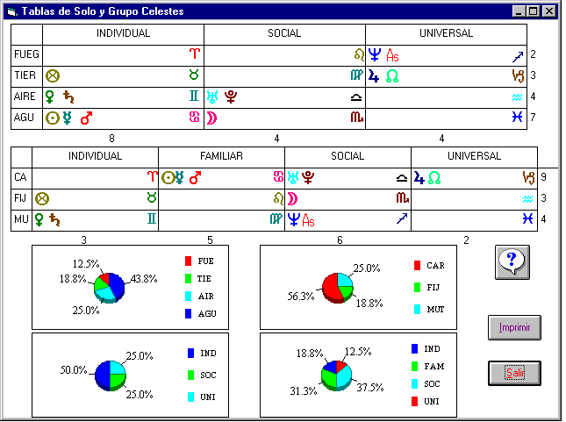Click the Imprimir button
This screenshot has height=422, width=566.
pos(514,328)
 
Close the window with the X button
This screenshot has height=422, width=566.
pos(548,11)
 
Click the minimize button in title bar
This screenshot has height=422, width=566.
pos(518,11)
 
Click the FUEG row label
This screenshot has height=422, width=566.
pos(26,54)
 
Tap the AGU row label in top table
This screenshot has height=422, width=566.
pos(25,117)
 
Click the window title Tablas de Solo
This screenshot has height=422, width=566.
pos(83,11)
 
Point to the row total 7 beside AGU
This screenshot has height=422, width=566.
pos(533,117)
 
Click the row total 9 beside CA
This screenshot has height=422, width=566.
pos(545,176)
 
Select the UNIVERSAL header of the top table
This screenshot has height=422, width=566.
pos(446,33)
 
